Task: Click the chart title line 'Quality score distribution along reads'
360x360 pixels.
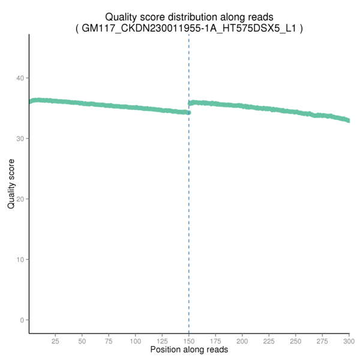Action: [189, 17]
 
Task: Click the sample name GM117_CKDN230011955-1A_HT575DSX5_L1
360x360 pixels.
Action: [189, 28]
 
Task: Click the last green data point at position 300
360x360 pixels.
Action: [349, 121]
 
